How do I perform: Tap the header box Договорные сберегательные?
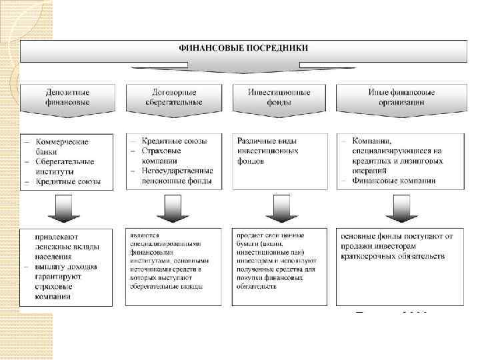click(173, 97)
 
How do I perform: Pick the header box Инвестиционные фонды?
click(279, 97)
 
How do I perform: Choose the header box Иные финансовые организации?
click(401, 97)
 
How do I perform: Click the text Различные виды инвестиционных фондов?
click(267, 151)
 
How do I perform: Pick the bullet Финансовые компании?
click(397, 181)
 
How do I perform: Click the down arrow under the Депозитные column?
click(67, 208)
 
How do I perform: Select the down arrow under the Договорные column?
click(171, 208)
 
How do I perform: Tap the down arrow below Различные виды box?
click(279, 208)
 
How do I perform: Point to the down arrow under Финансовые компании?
click(399, 208)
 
